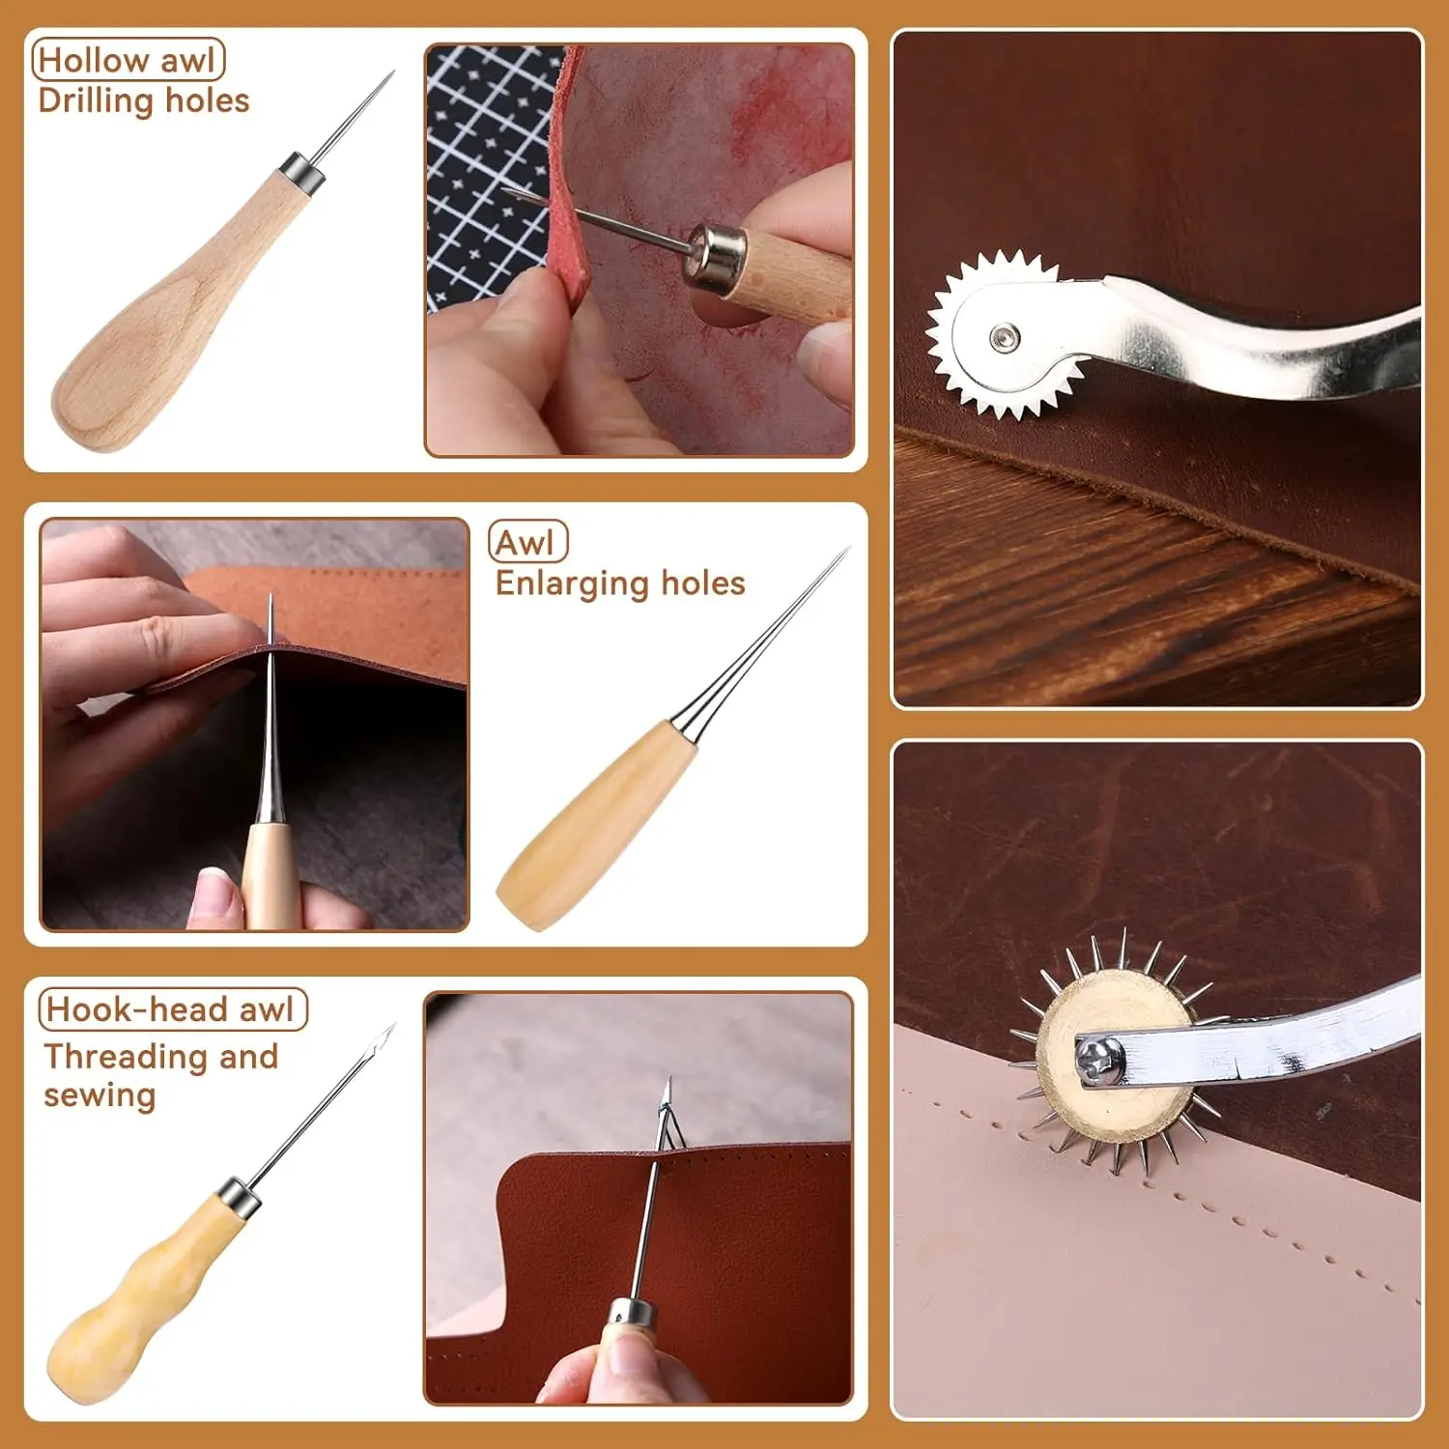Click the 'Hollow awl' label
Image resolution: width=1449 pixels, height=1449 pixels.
[x=128, y=60]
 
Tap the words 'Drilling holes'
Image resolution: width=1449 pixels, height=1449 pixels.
[x=144, y=100]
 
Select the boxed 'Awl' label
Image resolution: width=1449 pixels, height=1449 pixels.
[x=527, y=542]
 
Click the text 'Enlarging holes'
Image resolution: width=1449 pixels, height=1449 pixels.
[x=620, y=583]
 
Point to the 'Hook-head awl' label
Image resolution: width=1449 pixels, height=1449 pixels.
[x=172, y=1009]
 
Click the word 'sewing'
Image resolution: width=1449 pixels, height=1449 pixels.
[x=99, y=1095]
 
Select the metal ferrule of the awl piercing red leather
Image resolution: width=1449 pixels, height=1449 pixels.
[x=711, y=258]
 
